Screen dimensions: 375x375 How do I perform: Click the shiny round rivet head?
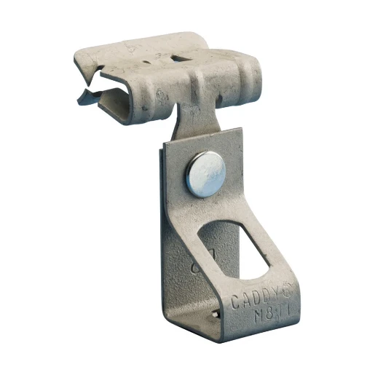[205, 174]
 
